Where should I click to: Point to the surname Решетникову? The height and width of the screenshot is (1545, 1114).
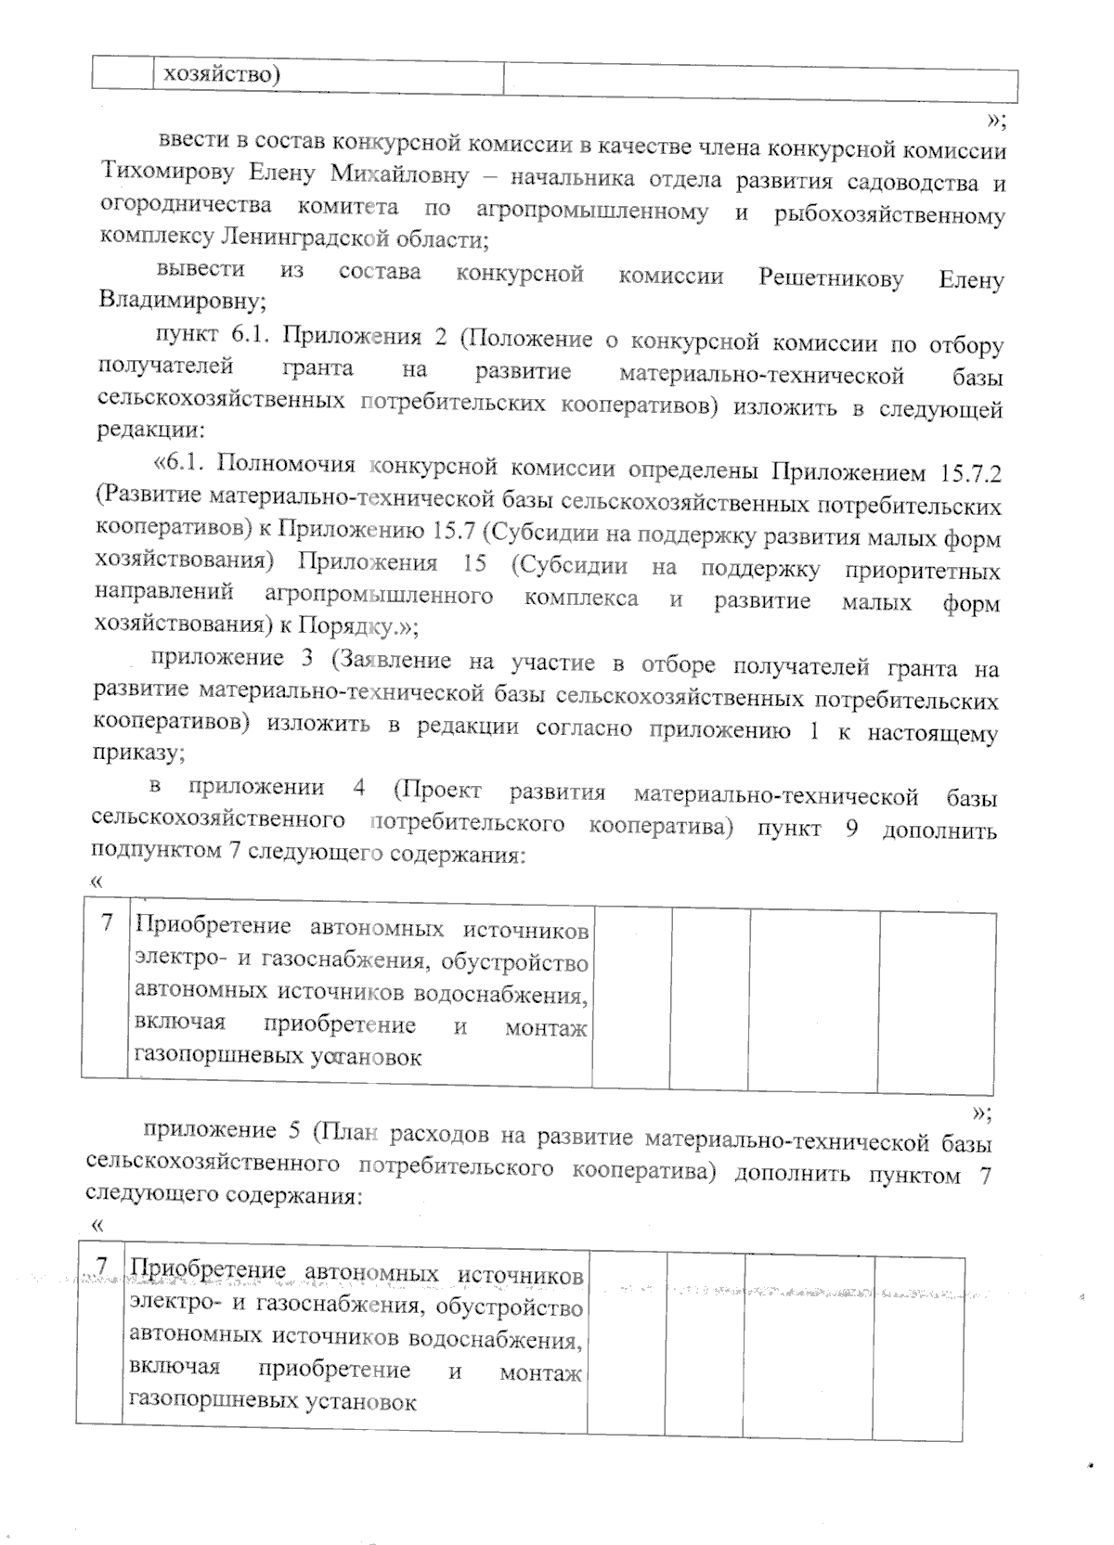click(830, 277)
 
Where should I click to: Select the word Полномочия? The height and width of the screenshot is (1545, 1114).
click(286, 464)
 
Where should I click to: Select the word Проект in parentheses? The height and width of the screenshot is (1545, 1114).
click(436, 791)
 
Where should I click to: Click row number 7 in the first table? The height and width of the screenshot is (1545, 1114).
click(107, 922)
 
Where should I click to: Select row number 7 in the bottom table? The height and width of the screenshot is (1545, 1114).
click(101, 1265)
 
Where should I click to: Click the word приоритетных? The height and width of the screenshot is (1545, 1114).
click(924, 569)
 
